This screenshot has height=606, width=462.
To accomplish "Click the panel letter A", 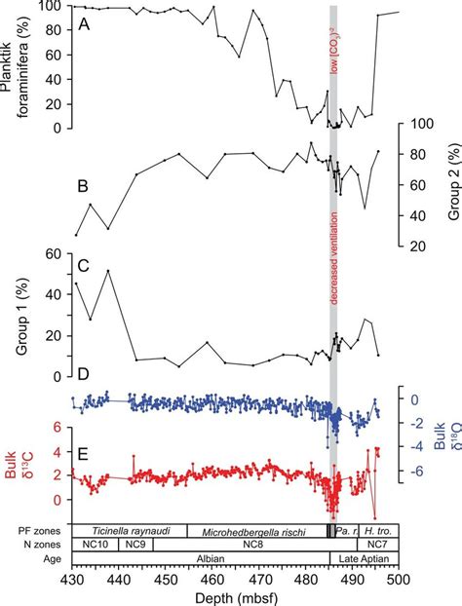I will coord(84,26).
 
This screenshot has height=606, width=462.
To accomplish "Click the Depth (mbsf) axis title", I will coord(233,594).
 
